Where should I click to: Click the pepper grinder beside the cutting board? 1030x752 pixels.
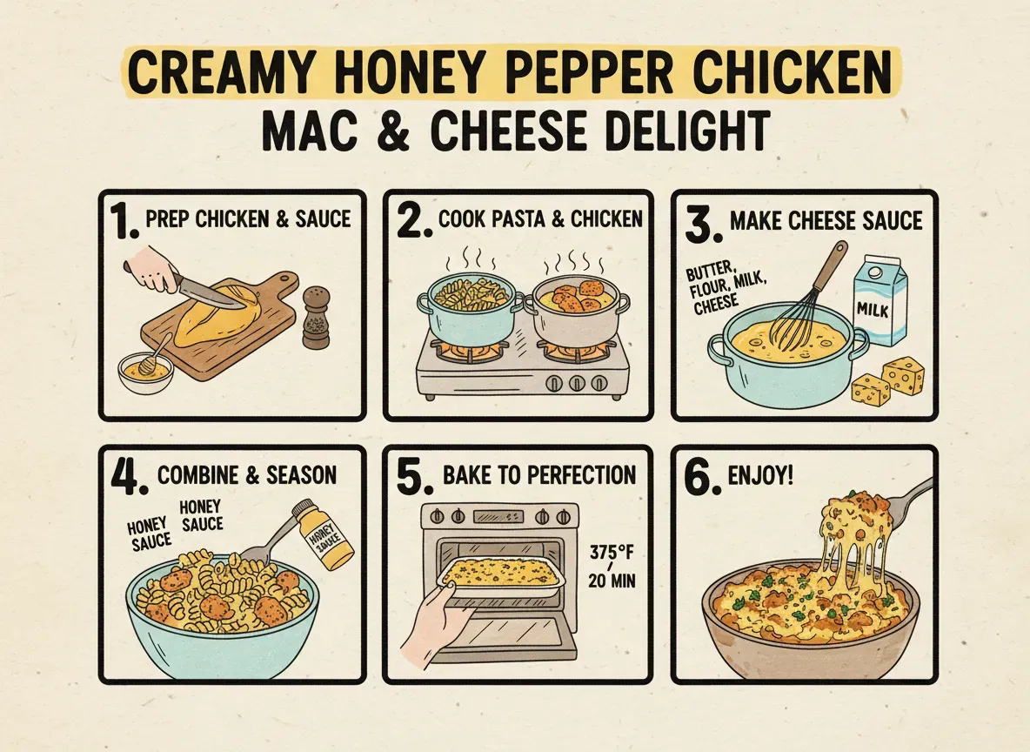[317, 320]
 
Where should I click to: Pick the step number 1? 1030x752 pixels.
[125, 223]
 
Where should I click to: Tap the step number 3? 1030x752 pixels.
[699, 223]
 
